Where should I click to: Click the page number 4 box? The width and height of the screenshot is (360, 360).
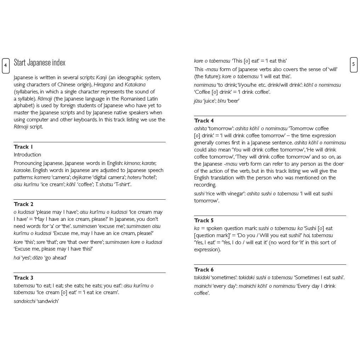[6, 65]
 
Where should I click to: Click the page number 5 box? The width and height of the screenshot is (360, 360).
[354, 64]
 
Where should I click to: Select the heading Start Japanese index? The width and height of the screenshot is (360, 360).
[40, 63]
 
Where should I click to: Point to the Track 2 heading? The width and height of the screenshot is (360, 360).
[24, 204]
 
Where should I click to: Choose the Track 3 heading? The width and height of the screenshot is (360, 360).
[24, 278]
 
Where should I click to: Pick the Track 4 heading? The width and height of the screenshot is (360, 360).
[204, 121]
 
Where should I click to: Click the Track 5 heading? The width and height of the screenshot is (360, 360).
[204, 221]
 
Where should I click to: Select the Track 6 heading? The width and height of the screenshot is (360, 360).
[204, 270]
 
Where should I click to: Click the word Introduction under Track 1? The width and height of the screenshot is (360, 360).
[27, 155]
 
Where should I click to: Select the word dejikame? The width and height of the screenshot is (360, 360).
[82, 177]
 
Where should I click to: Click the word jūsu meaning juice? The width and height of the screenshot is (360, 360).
[198, 101]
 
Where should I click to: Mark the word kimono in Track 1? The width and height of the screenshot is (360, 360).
[132, 163]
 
